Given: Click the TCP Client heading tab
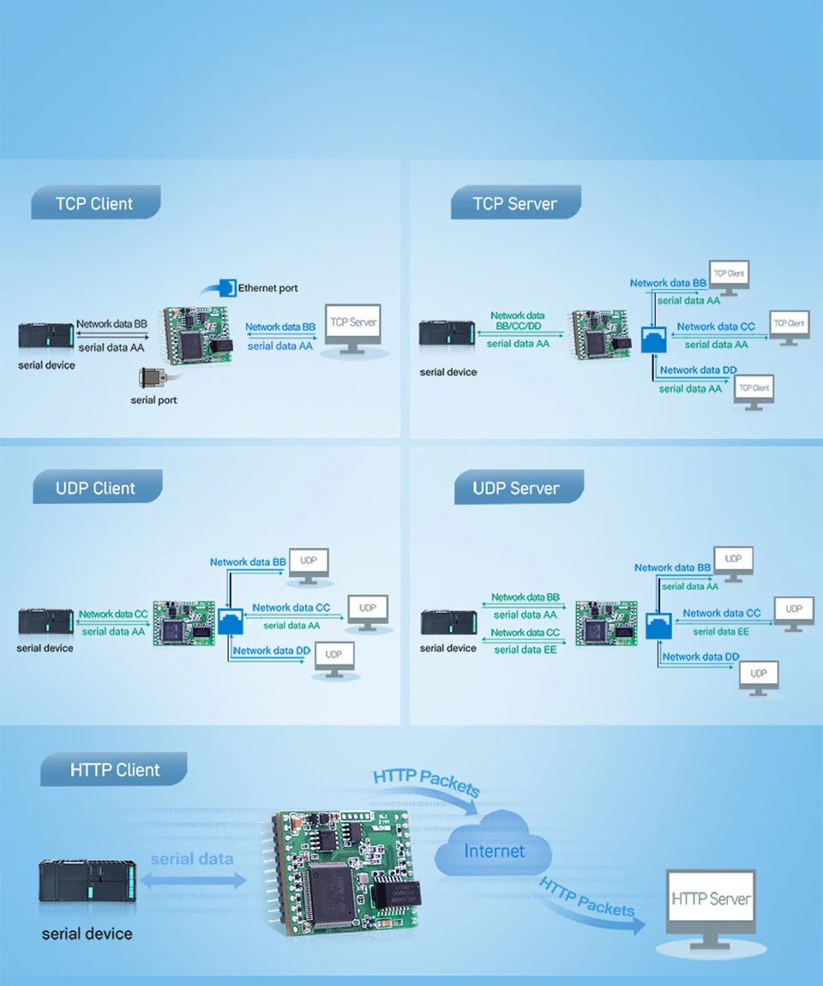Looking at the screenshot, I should point(95,204).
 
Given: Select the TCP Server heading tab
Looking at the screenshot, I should point(515,204).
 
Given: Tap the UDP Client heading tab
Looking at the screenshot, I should point(96,488).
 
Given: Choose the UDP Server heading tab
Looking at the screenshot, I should point(517,488).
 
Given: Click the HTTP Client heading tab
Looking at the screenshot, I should point(115,770).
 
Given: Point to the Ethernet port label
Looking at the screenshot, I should point(268,288).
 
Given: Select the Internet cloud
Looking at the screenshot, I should point(494,848).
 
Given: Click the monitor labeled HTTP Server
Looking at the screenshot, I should point(711,905).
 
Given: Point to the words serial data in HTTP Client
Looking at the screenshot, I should point(192,859).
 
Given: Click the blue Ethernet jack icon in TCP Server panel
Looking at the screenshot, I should point(653,340).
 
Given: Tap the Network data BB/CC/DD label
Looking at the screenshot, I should point(517,321).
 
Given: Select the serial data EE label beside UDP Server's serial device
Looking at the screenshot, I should point(526,650).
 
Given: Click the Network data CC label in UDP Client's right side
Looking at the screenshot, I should point(291,608).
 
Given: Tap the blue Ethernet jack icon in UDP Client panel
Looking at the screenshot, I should point(231,621).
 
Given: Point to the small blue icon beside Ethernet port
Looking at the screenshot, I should point(226,287).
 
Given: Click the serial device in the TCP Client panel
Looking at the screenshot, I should point(46,335).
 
